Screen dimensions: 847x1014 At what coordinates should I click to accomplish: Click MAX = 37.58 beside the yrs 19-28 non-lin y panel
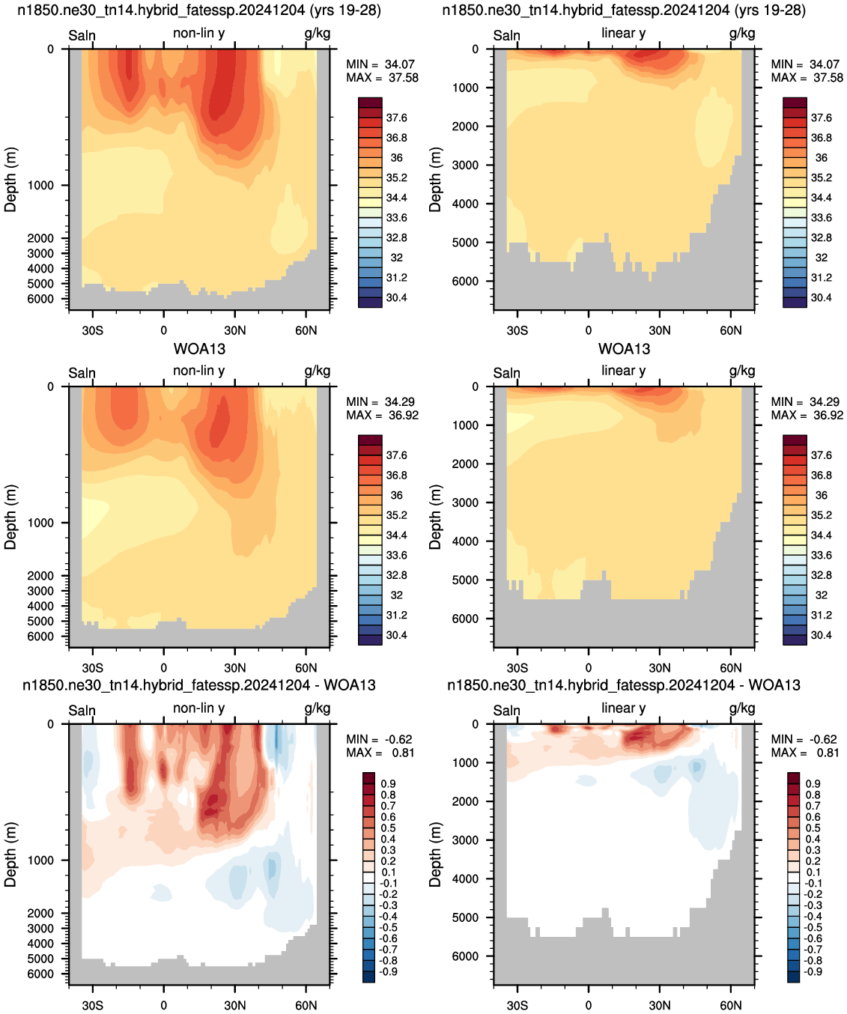click(x=382, y=78)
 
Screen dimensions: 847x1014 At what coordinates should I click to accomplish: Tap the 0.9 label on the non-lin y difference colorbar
click(x=388, y=783)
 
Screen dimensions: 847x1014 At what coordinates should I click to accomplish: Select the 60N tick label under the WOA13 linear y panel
click(x=730, y=668)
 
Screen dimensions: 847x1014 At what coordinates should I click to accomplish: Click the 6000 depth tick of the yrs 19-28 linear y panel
click(x=465, y=281)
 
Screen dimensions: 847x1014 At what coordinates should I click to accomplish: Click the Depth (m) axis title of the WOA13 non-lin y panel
click(x=10, y=517)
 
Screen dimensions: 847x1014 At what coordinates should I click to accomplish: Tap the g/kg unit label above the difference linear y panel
click(x=741, y=708)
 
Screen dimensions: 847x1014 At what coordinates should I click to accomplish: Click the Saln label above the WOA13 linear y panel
click(x=506, y=373)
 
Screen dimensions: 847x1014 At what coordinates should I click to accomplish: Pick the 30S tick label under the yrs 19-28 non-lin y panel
click(x=92, y=330)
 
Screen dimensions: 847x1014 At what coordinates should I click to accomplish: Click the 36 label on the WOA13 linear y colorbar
click(x=822, y=495)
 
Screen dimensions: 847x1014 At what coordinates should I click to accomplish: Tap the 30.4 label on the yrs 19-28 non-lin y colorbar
click(x=396, y=298)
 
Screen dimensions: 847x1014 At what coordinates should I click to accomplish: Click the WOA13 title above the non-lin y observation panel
click(x=199, y=349)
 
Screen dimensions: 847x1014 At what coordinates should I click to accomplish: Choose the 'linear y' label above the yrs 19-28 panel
click(x=624, y=33)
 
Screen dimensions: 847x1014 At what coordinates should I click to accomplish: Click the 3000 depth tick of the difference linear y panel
click(x=465, y=840)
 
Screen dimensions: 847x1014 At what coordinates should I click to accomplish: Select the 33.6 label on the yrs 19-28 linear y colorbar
click(x=822, y=218)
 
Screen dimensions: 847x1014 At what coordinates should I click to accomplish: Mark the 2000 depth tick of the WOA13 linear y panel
click(x=465, y=464)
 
